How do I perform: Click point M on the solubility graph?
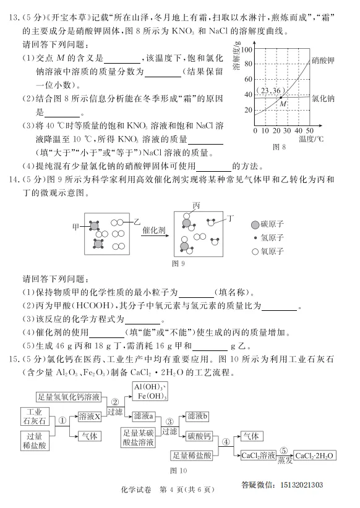[281, 97]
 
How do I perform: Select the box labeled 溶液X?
[89, 418]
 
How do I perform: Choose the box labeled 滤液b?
[198, 417]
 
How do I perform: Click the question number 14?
[12, 180]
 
